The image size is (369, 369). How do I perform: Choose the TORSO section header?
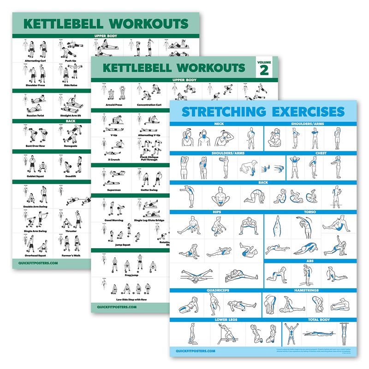point(309,212)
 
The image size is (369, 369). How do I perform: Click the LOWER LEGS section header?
point(226,319)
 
